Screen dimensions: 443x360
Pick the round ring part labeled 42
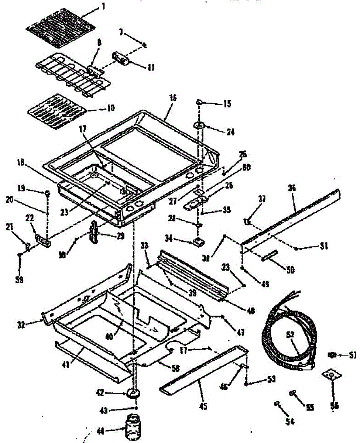(135, 394)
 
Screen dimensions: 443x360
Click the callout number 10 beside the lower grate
(110, 109)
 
